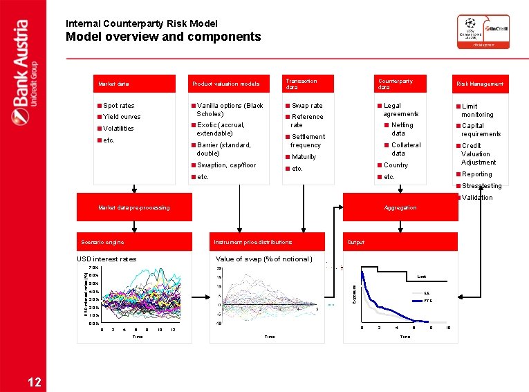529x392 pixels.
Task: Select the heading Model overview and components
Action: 163,37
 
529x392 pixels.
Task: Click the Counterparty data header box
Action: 402,84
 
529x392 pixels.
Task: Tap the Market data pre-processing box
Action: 134,207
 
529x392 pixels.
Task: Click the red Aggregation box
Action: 400,207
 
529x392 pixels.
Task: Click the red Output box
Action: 400,242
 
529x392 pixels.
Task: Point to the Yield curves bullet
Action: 122,117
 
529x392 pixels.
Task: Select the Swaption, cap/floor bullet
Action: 226,165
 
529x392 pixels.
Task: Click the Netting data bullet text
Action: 402,129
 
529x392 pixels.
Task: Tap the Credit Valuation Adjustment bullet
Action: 479,154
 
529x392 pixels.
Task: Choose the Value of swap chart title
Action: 264,259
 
